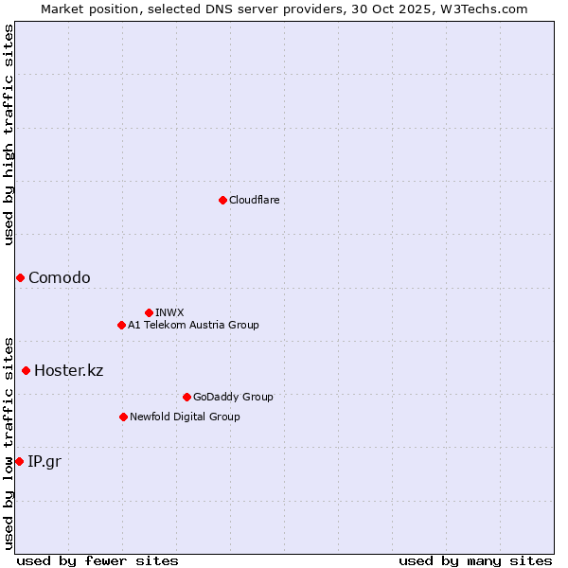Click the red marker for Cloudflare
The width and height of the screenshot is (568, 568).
click(222, 200)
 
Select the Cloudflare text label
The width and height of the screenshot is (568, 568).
click(254, 200)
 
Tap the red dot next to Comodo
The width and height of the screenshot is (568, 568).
click(20, 277)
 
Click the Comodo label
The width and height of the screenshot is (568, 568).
click(60, 277)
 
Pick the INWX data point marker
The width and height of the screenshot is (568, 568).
click(149, 312)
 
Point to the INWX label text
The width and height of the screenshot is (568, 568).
click(169, 312)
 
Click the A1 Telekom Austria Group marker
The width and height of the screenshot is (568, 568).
click(121, 325)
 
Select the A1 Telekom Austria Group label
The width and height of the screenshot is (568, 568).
click(193, 325)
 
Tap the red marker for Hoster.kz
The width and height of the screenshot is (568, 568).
click(26, 370)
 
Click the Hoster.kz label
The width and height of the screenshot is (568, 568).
click(68, 370)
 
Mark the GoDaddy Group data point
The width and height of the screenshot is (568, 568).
click(186, 397)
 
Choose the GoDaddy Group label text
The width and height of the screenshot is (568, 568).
click(233, 397)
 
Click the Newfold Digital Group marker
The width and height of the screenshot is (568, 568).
click(123, 417)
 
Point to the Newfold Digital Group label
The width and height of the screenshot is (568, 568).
click(185, 417)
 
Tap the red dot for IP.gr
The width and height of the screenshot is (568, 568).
click(19, 461)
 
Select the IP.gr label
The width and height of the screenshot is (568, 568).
click(44, 461)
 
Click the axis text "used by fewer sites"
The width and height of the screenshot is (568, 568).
click(98, 560)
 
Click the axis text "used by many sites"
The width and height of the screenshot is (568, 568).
click(475, 560)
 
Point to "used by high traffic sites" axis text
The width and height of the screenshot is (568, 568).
click(9, 134)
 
